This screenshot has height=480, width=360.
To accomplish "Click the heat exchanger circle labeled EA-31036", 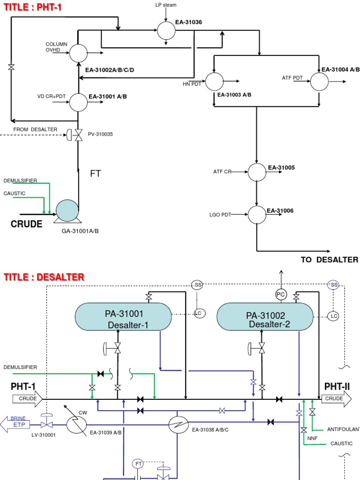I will tap(166, 31).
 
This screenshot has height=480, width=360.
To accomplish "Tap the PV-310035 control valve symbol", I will tap(78, 135).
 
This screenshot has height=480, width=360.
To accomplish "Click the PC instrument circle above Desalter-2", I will tap(281, 294).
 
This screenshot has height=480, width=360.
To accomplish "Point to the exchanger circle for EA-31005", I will tap(256, 172).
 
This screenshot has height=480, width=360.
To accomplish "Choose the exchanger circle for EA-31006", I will tap(256, 215).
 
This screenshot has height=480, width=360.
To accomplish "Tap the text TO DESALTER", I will tap(329, 260).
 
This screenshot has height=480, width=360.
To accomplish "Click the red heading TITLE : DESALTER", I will tap(44, 277).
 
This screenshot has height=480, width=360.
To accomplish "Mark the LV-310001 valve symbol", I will tap(46, 425).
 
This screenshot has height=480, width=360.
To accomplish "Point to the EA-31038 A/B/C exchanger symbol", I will tap(178, 425).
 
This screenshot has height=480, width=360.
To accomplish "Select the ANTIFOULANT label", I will tap(343, 429).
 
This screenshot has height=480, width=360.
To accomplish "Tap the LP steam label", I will tap(166, 5).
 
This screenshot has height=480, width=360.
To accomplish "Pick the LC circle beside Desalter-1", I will tap(200, 313).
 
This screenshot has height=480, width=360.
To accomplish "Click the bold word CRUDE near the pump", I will tap(26, 225).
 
